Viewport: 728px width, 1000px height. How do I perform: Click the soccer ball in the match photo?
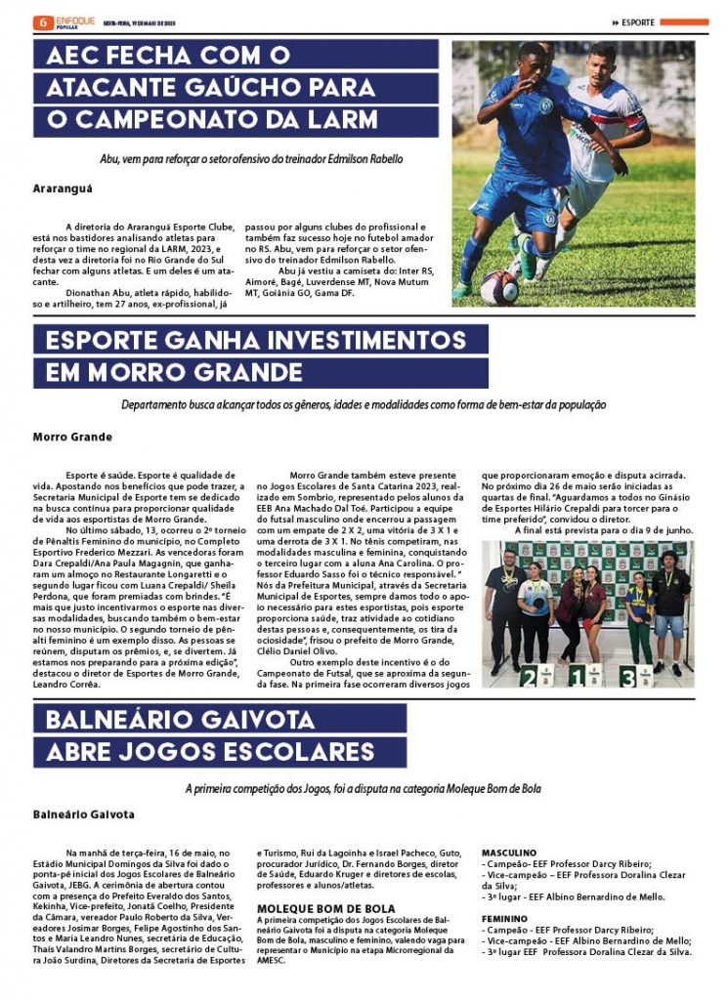click(x=499, y=287)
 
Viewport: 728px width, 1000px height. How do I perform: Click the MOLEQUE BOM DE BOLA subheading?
click(x=325, y=908)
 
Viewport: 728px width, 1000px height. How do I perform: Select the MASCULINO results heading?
click(x=509, y=853)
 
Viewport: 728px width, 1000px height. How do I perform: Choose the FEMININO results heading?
click(x=504, y=919)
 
